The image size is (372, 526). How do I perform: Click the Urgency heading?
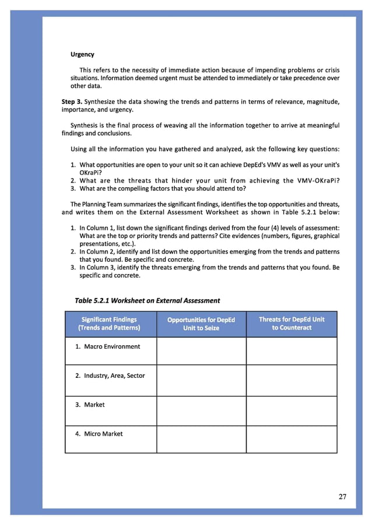(82, 55)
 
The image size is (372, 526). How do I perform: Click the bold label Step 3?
(72, 102)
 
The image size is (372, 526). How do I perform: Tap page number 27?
(342, 497)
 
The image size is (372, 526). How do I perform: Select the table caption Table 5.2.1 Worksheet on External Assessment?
(148, 300)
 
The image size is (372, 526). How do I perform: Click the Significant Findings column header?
(110, 324)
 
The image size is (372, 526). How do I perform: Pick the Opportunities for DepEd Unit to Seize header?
(201, 324)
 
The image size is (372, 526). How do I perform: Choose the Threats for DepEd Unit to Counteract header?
(292, 324)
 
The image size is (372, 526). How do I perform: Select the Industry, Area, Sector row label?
(110, 376)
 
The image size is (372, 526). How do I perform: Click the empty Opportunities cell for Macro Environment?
(201, 351)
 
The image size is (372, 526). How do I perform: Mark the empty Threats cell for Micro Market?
(292, 439)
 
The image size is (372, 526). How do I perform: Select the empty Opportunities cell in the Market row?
(201, 411)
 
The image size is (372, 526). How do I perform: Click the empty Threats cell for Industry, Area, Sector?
(292, 381)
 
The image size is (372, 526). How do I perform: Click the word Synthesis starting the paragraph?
(86, 125)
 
